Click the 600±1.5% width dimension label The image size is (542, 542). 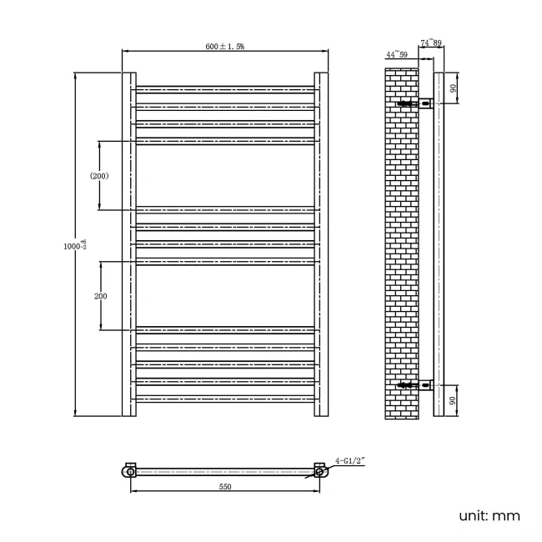[x=225, y=47]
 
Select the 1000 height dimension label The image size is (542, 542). [x=74, y=246]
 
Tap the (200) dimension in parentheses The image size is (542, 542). [x=99, y=176]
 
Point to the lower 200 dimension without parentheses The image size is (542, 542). [x=100, y=296]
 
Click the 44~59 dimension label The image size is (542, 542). [x=396, y=54]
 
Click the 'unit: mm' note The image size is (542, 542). [x=489, y=516]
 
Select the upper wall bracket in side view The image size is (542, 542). [x=417, y=104]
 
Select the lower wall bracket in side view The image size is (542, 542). [x=417, y=385]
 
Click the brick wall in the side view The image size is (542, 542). [x=401, y=242]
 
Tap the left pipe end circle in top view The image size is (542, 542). [x=128, y=472]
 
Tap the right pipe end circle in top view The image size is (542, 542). [x=319, y=472]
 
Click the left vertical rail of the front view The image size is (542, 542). [x=129, y=244]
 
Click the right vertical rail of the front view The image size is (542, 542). [x=320, y=244]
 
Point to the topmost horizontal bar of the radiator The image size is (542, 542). [x=224, y=88]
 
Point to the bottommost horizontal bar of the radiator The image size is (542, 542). [x=224, y=399]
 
